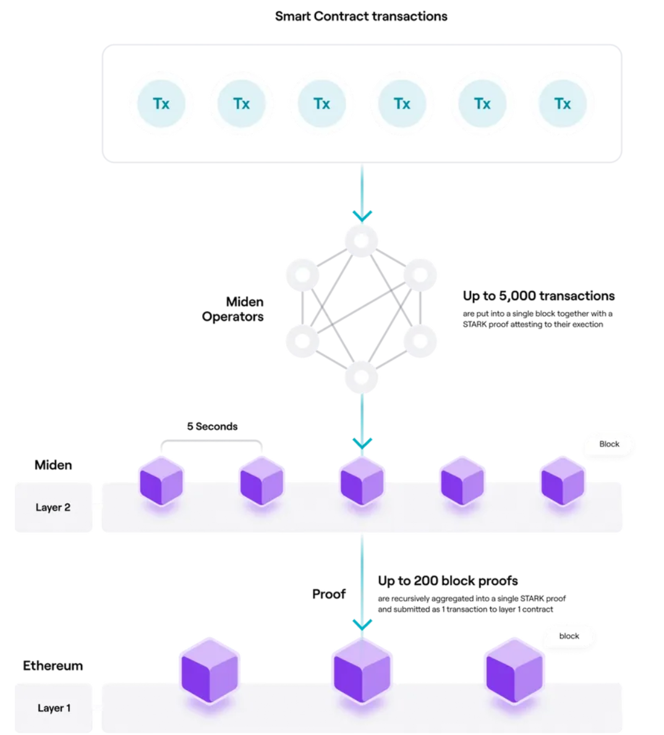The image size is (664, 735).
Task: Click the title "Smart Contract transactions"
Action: point(361,17)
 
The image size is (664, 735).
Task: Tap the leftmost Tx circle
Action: point(161,104)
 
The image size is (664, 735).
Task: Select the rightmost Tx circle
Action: point(563,104)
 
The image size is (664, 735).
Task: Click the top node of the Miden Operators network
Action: point(362,241)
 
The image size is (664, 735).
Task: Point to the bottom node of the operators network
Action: point(362,377)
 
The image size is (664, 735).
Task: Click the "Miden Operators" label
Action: point(233,309)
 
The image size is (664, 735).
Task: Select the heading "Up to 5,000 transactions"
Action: point(538,296)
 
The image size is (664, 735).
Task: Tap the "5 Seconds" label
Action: point(212,426)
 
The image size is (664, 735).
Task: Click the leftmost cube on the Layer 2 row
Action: point(161,481)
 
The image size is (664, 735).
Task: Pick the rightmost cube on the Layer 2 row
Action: point(563,481)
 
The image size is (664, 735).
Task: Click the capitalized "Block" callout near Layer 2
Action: point(609,444)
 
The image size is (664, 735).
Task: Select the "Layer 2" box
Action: point(53,507)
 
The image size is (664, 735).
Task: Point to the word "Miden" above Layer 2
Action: point(53,465)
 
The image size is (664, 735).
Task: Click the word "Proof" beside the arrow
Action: point(329,594)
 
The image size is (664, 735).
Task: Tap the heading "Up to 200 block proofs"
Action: point(448,581)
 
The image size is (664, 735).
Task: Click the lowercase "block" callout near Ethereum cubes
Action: point(569,636)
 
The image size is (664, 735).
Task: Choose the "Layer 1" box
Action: point(54,708)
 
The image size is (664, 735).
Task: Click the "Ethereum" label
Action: point(53,666)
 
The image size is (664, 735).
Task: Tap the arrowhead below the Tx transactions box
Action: point(362,216)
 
